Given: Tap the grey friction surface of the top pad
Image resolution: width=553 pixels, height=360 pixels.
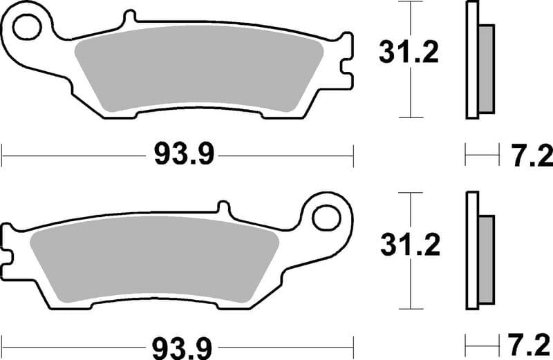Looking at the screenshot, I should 200,69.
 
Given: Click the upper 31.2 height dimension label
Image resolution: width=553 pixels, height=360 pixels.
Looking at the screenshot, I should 408,53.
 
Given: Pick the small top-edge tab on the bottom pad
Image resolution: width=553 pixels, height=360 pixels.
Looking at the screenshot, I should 222,207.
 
